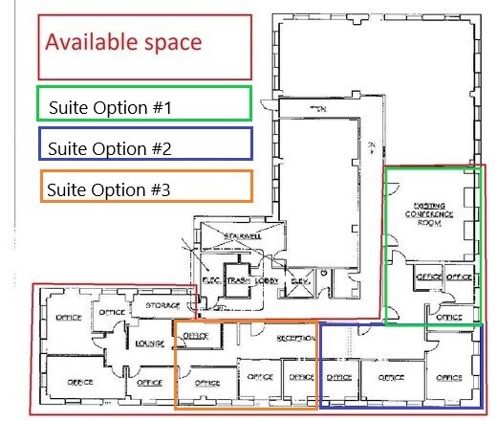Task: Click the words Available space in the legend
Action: click(x=123, y=43)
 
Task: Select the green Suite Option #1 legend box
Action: click(x=143, y=103)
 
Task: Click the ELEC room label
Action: click(x=210, y=281)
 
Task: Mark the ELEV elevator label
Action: click(x=298, y=281)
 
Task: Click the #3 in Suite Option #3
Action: click(x=160, y=189)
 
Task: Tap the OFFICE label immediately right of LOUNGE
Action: click(x=195, y=336)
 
